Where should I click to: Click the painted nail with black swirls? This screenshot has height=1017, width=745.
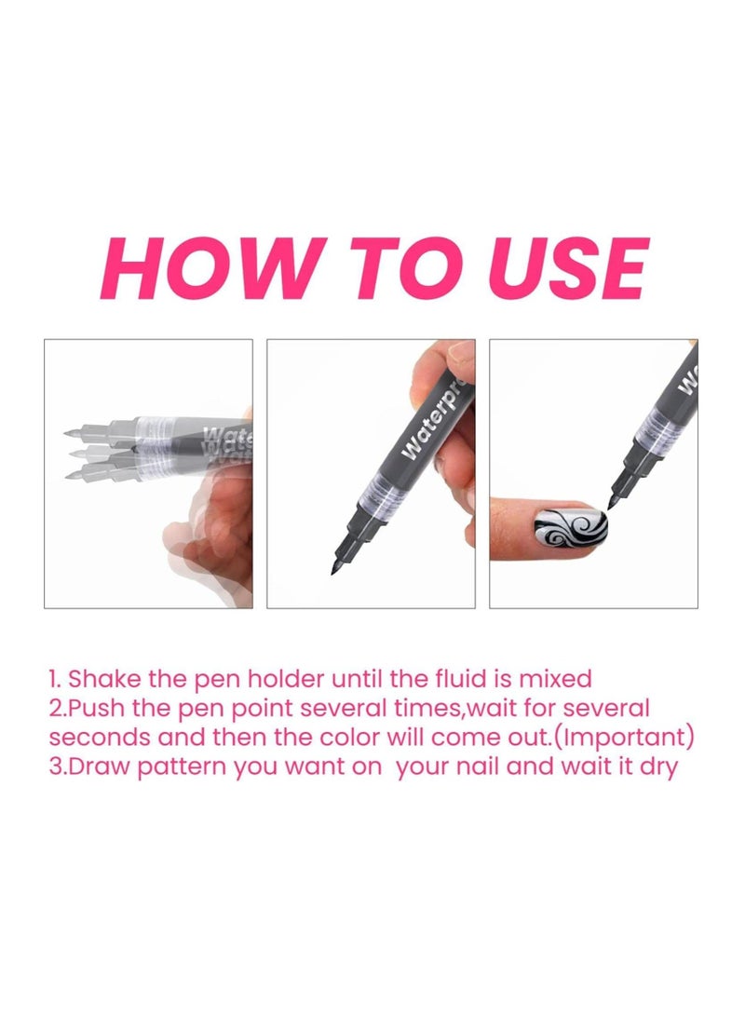pyautogui.click(x=571, y=529)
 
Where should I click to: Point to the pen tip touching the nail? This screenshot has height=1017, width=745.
pyautogui.click(x=613, y=504)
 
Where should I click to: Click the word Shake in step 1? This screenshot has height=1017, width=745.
pyautogui.click(x=101, y=677)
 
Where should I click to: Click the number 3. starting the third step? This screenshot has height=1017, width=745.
pyautogui.click(x=57, y=769)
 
